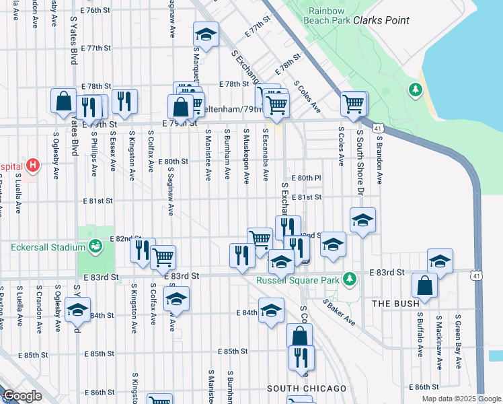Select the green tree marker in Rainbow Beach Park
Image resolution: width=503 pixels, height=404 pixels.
pos(416,89)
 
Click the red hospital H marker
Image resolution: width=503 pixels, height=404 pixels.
pos(32,165)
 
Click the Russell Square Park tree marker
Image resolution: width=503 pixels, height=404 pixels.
pos(349,278)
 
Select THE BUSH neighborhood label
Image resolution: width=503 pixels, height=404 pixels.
pos(395,304)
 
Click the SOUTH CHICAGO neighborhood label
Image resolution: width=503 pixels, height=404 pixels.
pos(307,389)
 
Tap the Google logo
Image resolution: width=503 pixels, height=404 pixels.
pos(22,396)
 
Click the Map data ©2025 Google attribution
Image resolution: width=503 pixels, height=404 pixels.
pos(461,399)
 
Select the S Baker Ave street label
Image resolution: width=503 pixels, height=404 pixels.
pos(339,311)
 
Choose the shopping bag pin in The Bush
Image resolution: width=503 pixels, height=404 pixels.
pos(426,285)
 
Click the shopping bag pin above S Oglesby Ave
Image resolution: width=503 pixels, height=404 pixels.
pos(63,101)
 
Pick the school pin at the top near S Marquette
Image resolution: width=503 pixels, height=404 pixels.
pos(206,34)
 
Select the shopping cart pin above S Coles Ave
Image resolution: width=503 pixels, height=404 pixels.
pos(354,103)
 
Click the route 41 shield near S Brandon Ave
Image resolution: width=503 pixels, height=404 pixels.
pos(379,128)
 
